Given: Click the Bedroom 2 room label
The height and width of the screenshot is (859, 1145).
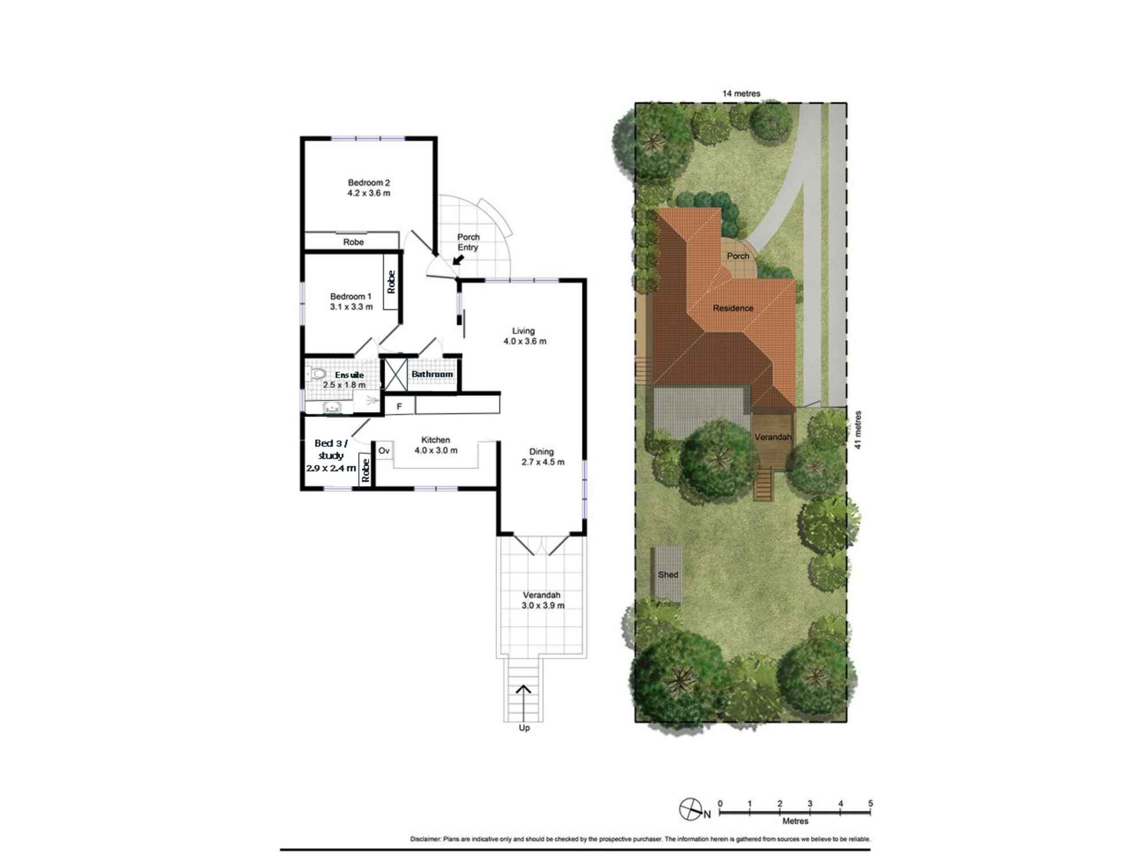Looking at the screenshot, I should point(369,188).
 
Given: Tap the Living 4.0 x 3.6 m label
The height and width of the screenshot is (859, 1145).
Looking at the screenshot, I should point(524,336).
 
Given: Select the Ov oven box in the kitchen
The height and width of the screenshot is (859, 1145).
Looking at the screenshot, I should point(384,451).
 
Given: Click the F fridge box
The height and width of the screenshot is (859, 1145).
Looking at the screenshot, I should point(399,407).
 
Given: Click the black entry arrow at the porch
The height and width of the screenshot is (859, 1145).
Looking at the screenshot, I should point(458,260).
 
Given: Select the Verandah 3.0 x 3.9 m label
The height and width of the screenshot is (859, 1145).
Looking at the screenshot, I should point(542,600).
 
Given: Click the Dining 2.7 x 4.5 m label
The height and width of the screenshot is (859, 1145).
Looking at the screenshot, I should point(542,457).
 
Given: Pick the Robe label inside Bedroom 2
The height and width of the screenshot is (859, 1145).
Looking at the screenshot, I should point(353,242).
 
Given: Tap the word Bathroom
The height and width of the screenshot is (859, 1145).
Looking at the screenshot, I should point(432,375).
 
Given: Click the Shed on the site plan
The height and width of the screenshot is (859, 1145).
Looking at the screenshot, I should point(668,574).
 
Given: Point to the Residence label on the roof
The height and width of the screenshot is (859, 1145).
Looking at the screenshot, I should point(733,308).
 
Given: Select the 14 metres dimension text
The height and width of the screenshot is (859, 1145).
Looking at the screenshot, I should point(741,93).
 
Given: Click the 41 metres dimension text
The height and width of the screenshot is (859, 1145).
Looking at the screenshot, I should point(858,429).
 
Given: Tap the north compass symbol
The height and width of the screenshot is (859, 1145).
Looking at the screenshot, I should point(690,809).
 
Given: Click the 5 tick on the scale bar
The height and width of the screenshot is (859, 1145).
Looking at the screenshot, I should point(870,804).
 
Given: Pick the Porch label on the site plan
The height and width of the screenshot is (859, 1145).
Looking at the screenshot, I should point(738,256).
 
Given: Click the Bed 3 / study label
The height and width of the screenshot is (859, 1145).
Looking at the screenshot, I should point(331,455).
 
